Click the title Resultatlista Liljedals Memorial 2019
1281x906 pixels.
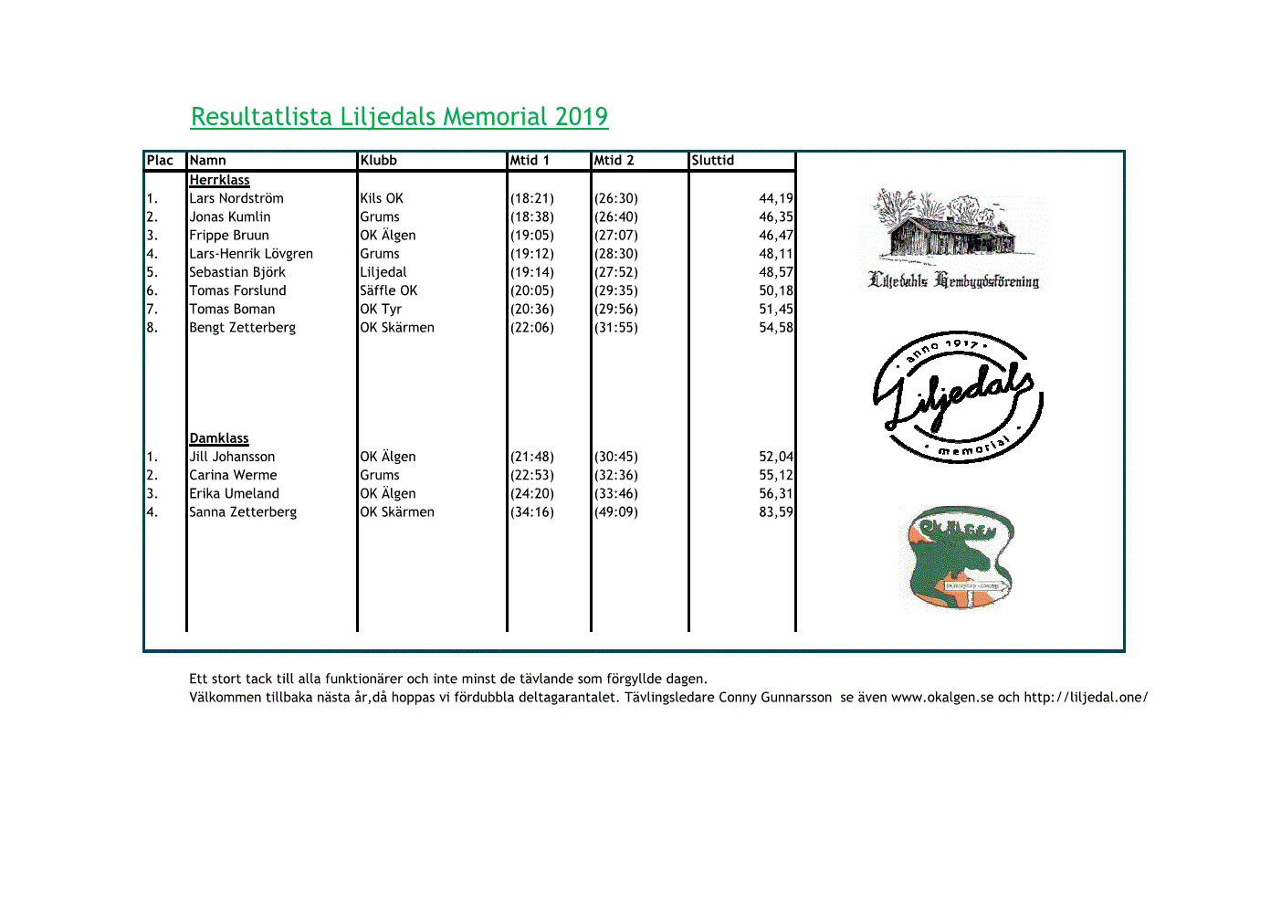click(399, 117)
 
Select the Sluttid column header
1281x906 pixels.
click(712, 161)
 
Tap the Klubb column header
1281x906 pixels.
click(378, 161)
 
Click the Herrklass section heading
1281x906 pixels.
click(219, 180)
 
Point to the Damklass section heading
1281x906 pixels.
click(219, 438)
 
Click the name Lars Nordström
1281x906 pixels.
click(236, 198)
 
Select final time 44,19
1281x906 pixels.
click(775, 198)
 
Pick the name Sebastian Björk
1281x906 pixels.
click(237, 272)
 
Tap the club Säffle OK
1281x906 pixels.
click(388, 290)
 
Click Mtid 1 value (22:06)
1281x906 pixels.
click(532, 327)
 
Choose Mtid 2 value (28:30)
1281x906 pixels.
click(616, 254)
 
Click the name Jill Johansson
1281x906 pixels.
click(232, 457)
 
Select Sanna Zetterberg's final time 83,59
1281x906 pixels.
click(775, 512)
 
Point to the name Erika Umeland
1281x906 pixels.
click(234, 493)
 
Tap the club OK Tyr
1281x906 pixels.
click(381, 309)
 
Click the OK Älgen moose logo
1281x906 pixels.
click(960, 557)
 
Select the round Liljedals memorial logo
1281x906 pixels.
click(957, 397)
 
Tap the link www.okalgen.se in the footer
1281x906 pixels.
click(941, 698)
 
